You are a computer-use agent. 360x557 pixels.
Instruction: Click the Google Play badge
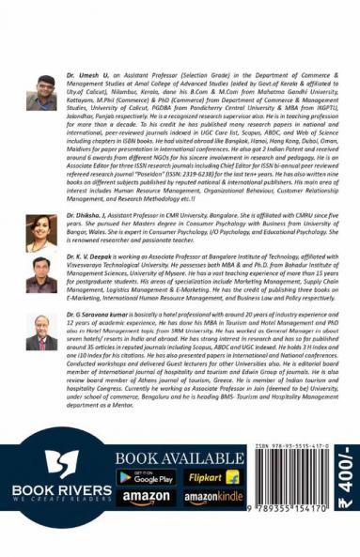point(145,477)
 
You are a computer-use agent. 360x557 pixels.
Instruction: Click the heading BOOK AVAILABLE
point(175,456)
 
